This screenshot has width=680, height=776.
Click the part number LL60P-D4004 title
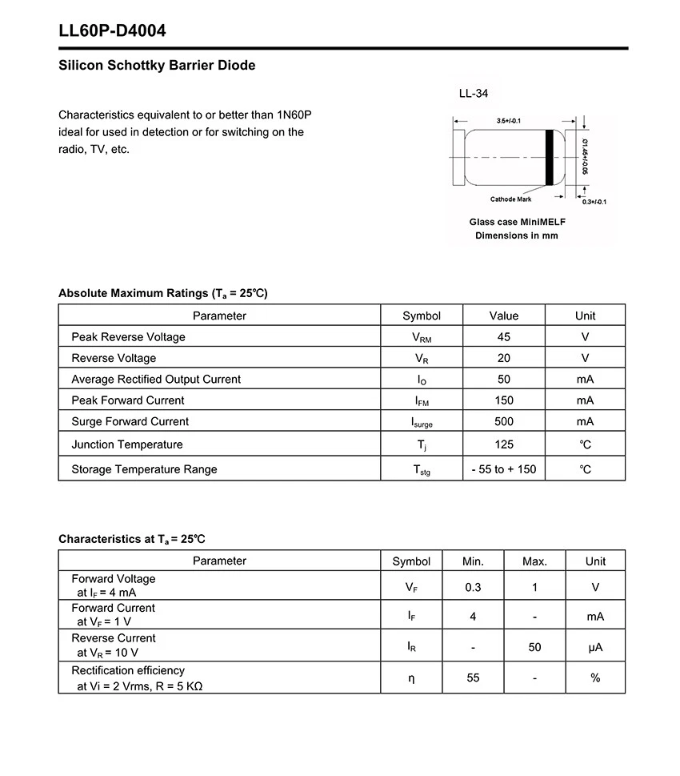[x=112, y=31]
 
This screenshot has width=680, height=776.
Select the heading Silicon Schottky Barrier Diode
[x=157, y=66]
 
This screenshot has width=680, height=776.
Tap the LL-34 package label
[x=473, y=94]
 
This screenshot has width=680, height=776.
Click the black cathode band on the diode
[x=550, y=157]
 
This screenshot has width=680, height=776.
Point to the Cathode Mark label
[x=510, y=199]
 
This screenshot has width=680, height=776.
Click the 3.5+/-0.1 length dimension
[x=508, y=121]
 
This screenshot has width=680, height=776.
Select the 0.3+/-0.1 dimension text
[x=593, y=202]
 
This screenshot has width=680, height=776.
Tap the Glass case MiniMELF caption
[x=516, y=222]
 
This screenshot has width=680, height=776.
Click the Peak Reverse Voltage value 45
[x=503, y=337]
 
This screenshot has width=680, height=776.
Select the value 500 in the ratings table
[x=503, y=421]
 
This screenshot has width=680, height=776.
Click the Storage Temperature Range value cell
[x=503, y=469]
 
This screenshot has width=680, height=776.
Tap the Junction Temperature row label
[x=127, y=444]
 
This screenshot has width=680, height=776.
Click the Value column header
[x=503, y=316]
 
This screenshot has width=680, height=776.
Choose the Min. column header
[x=473, y=561]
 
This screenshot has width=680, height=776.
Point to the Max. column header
[x=534, y=561]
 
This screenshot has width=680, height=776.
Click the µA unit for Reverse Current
[x=595, y=647]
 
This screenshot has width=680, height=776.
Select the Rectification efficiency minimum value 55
[x=473, y=677]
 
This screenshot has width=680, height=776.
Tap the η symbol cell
[x=411, y=677]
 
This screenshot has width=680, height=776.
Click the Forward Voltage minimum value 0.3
[x=473, y=587]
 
